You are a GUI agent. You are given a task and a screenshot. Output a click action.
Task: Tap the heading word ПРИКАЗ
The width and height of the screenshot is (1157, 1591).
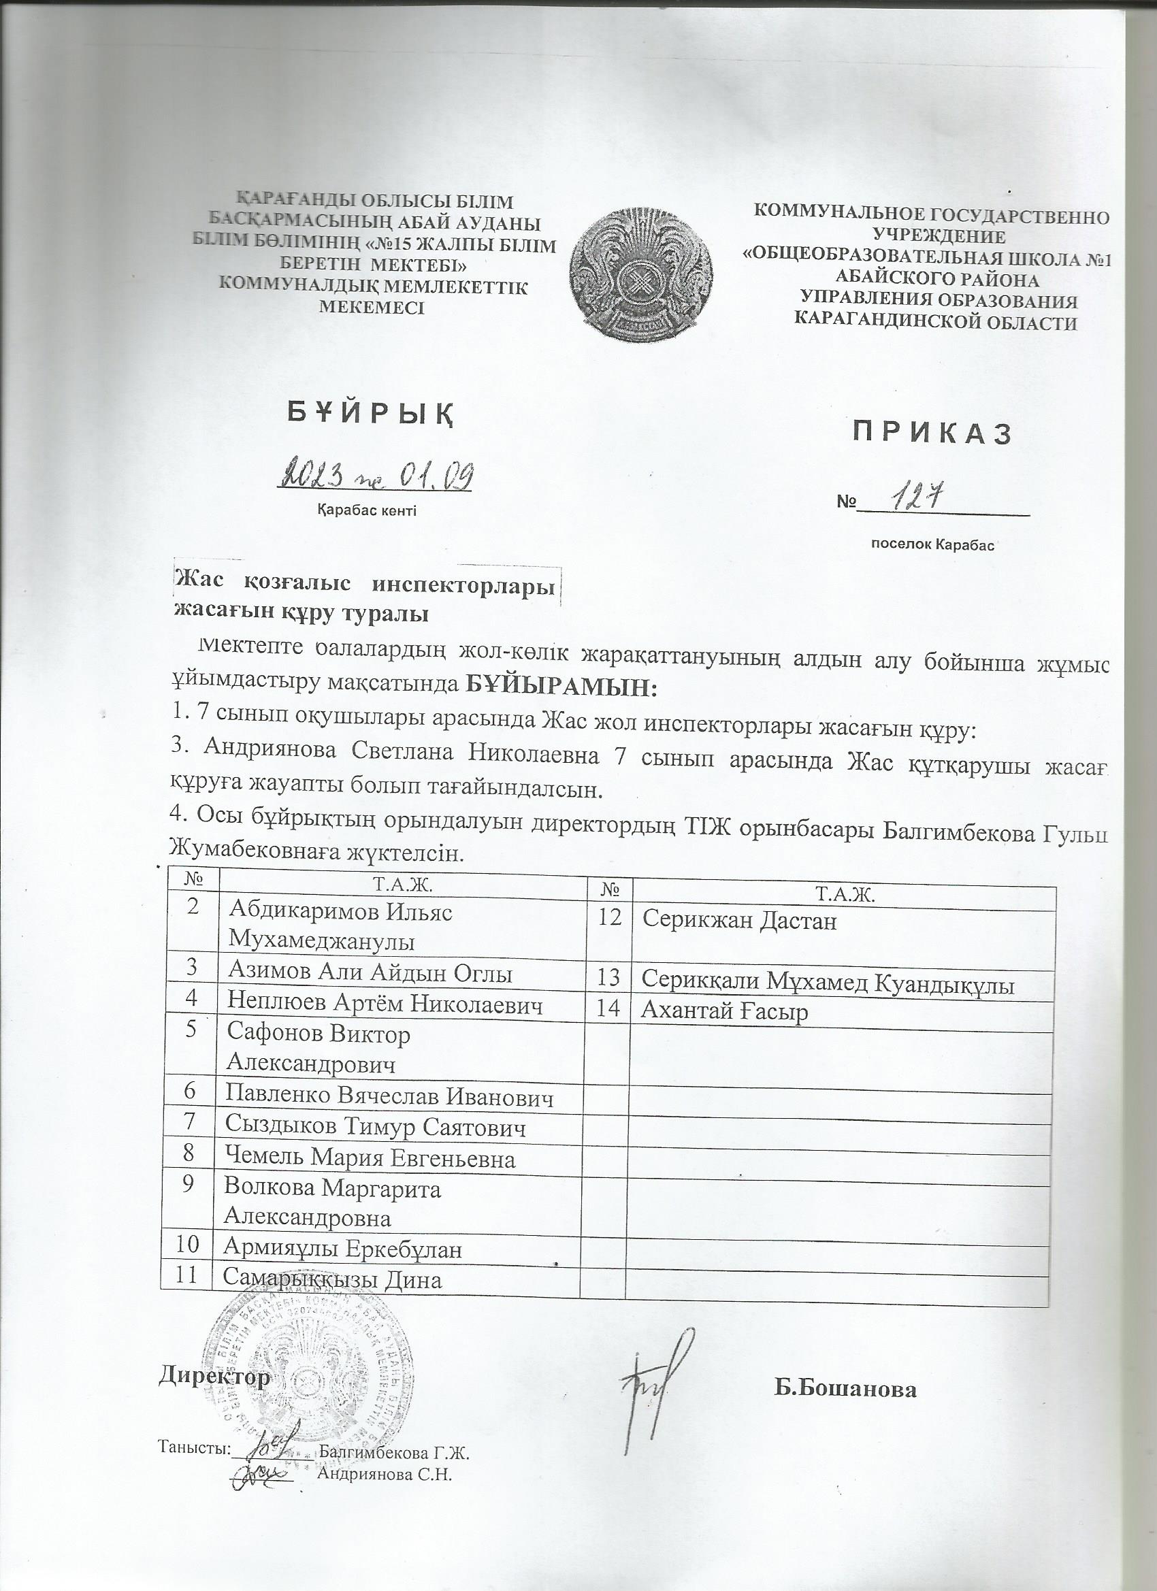pos(932,434)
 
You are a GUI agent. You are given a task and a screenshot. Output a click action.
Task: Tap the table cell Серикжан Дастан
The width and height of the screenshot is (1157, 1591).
pos(740,919)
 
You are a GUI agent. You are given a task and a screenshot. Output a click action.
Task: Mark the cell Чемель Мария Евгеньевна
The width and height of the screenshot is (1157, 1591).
pos(370,1158)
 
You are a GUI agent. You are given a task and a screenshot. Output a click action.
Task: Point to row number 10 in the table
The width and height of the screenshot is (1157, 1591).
pos(185,1245)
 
